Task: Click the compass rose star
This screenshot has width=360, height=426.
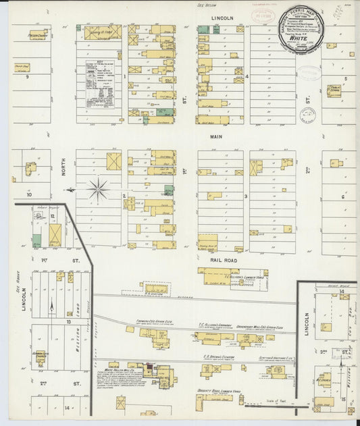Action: (99, 189)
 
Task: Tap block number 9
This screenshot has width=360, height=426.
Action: (28, 77)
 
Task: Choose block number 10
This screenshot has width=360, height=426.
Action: (29, 194)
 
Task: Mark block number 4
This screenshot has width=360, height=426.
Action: (247, 76)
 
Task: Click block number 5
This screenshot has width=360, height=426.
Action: (345, 79)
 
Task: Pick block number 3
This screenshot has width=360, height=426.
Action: (247, 196)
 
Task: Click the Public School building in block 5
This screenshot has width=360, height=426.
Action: (334, 90)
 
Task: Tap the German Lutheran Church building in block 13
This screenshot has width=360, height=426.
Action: (40, 356)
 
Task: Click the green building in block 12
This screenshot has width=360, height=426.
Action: (36, 240)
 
